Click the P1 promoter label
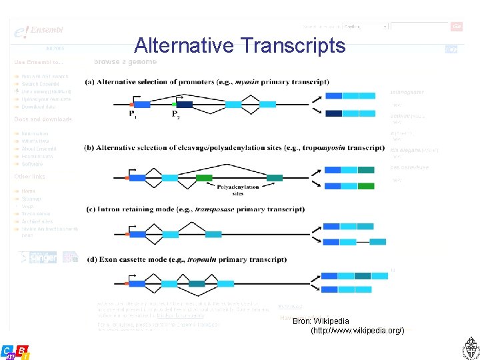[x=134, y=115]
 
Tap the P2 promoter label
[x=176, y=115]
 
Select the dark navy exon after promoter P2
[x=185, y=105]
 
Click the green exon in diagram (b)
[x=204, y=177]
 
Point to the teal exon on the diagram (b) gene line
[x=275, y=177]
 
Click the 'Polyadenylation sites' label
[x=237, y=191]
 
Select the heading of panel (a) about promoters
[x=207, y=83]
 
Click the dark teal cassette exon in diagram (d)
[x=197, y=283]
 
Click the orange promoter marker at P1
[x=131, y=105]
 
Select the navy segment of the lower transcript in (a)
[x=334, y=113]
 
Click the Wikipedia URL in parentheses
[x=357, y=331]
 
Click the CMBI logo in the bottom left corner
[x=15, y=352]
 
